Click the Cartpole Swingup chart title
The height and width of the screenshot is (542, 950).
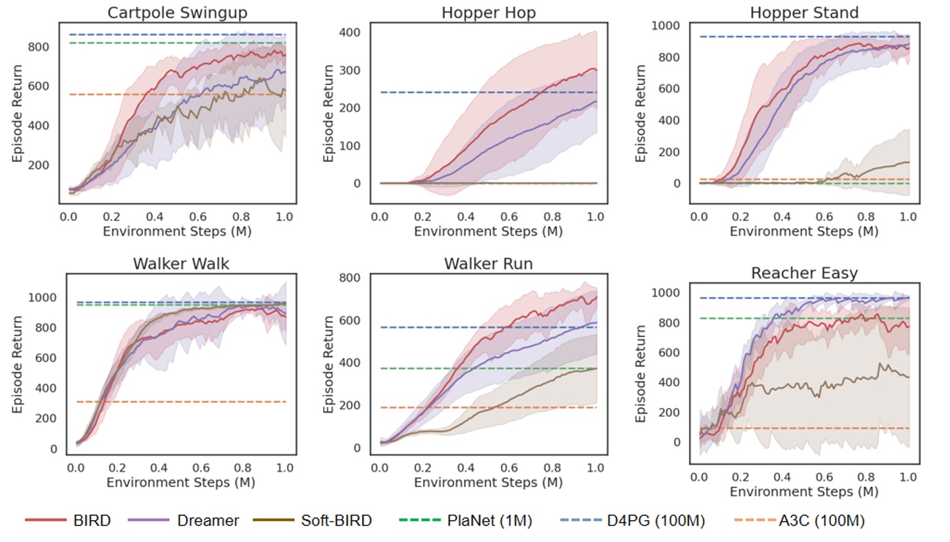pyautogui.click(x=177, y=12)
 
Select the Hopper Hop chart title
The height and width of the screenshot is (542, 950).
pyautogui.click(x=488, y=12)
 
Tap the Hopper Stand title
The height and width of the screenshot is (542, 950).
pyautogui.click(x=804, y=12)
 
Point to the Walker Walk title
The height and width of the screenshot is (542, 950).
pyautogui.click(x=181, y=264)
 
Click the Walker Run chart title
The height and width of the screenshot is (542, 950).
pyautogui.click(x=488, y=264)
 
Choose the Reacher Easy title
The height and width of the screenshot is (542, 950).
pyautogui.click(x=804, y=273)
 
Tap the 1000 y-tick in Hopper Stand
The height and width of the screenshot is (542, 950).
pyautogui.click(x=666, y=25)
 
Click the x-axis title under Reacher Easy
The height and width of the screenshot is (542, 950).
pyautogui.click(x=804, y=491)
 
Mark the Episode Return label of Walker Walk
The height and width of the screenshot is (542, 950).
pyautogui.click(x=17, y=364)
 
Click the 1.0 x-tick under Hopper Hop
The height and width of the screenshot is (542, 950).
pyautogui.click(x=595, y=216)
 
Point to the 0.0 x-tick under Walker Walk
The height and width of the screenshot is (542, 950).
pyautogui.click(x=76, y=468)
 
